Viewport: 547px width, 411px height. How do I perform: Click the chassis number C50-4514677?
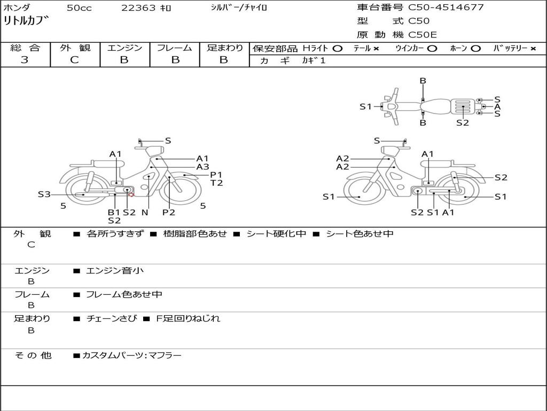tap(446, 7)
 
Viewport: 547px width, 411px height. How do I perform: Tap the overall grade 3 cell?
tap(25, 60)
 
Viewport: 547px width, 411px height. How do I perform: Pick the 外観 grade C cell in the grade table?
tap(75, 60)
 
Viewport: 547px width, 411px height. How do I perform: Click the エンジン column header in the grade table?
tap(124, 48)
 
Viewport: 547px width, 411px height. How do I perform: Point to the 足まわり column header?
tap(225, 48)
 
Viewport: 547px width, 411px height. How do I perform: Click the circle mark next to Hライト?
tap(337, 48)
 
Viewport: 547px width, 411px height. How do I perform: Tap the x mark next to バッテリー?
tap(533, 48)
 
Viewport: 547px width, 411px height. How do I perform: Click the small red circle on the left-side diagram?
tap(131, 194)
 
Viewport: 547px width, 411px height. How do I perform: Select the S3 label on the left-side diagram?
tap(44, 194)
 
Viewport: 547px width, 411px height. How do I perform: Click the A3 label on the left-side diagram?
tap(202, 166)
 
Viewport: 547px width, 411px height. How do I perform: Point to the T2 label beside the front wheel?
tap(216, 183)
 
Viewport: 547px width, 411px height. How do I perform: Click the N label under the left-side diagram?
tap(145, 212)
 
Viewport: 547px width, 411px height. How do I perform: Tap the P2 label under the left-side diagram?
tap(169, 212)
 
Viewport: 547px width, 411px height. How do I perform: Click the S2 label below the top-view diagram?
tap(463, 123)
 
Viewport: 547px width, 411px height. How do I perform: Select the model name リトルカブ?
tap(26, 21)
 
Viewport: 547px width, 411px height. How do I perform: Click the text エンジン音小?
tap(115, 271)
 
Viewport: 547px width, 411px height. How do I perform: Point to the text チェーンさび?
tap(111, 318)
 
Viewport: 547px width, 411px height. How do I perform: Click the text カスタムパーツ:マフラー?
tap(131, 355)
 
